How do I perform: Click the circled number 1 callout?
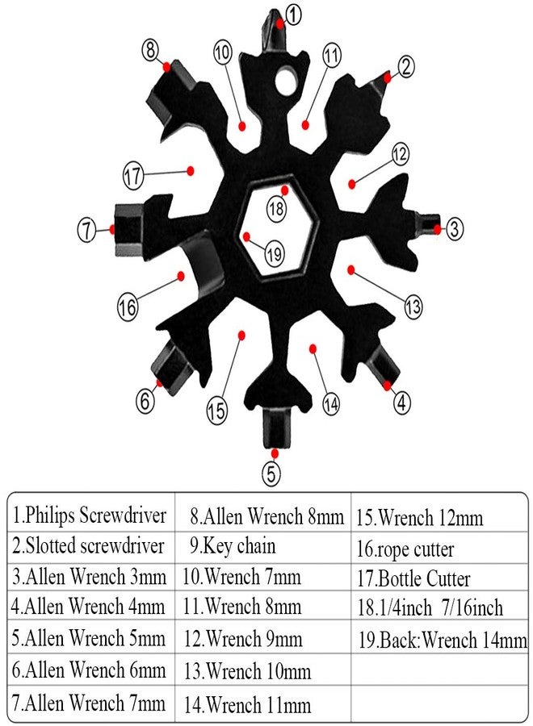click(x=292, y=13)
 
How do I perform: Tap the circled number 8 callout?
click(x=151, y=49)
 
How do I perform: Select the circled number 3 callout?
click(x=455, y=228)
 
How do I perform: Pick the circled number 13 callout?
click(x=413, y=307)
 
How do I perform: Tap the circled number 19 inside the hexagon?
click(x=275, y=252)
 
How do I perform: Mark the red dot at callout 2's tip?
click(x=388, y=77)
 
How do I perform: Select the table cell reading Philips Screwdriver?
click(x=90, y=515)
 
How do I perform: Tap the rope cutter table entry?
click(x=405, y=550)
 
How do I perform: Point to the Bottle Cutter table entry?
click(x=413, y=579)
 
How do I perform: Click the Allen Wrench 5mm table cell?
click(x=90, y=640)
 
